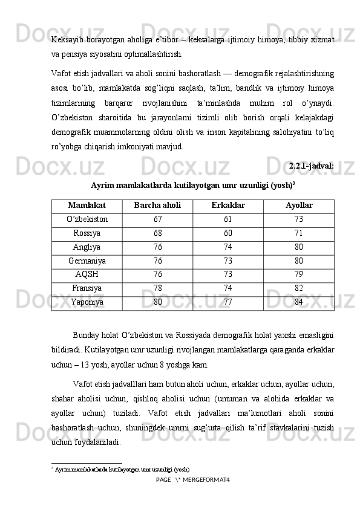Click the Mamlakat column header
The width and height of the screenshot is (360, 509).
(x=87, y=206)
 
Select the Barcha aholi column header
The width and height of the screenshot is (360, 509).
(x=157, y=206)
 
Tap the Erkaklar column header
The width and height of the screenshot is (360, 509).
(x=228, y=206)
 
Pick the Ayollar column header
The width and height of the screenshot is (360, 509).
(x=299, y=206)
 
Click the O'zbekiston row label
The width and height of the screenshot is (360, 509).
(x=87, y=219)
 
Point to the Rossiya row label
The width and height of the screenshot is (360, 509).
(x=87, y=233)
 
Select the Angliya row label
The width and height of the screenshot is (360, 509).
(x=87, y=247)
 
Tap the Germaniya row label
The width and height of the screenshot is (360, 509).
(x=87, y=261)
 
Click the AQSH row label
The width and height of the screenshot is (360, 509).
(x=87, y=275)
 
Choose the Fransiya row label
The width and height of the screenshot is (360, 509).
(x=87, y=289)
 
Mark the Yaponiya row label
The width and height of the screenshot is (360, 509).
(x=87, y=302)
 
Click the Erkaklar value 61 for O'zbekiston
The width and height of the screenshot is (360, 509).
(x=228, y=219)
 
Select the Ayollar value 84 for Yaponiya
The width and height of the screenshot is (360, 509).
(x=299, y=302)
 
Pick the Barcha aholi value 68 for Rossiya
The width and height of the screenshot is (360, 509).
(x=157, y=233)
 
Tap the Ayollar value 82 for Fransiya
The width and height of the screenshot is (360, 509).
(x=299, y=289)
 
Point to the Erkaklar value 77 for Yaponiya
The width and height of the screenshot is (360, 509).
(x=228, y=302)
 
